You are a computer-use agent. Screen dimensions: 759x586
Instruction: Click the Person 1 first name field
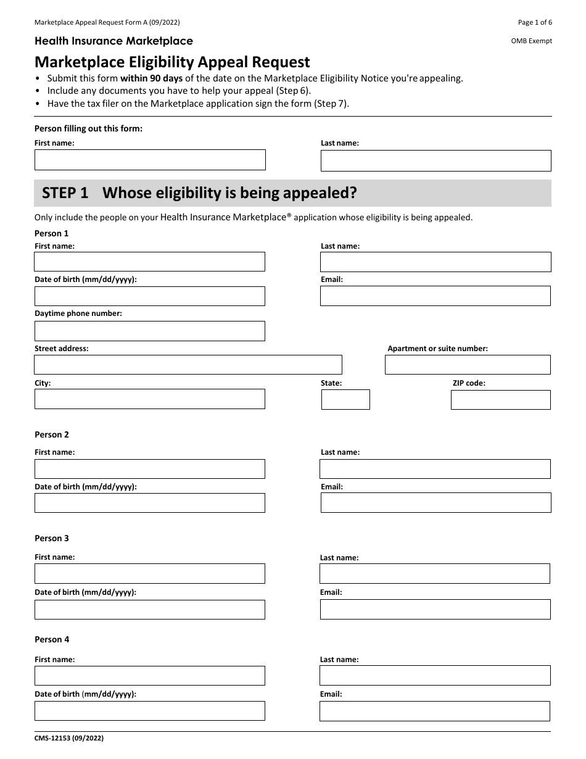[150, 262]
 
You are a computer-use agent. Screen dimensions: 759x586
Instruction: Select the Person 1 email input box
[435, 296]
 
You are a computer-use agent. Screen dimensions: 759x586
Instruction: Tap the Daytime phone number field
[150, 331]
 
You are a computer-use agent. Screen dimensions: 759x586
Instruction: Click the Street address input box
[188, 365]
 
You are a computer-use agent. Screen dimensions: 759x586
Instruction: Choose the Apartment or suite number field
[468, 365]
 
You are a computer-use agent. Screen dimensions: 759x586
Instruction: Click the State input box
[345, 400]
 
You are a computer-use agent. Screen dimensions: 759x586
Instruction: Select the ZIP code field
[500, 400]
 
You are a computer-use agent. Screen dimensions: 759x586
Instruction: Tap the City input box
[150, 399]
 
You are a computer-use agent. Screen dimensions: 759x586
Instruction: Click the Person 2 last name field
[435, 469]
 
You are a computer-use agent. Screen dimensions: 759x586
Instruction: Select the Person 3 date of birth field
[150, 610]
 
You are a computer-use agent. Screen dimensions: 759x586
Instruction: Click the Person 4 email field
[435, 711]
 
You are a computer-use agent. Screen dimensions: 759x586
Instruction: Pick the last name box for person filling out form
[435, 160]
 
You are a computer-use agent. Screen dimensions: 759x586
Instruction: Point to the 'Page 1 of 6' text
[535, 23]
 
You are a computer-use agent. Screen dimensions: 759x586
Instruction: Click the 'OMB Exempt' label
[532, 41]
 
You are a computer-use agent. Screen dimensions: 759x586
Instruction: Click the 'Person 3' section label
[52, 539]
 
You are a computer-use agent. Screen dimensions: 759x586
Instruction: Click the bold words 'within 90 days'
[151, 78]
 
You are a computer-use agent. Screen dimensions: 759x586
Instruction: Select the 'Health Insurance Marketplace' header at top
[113, 41]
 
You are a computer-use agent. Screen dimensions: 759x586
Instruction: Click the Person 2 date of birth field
[150, 503]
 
